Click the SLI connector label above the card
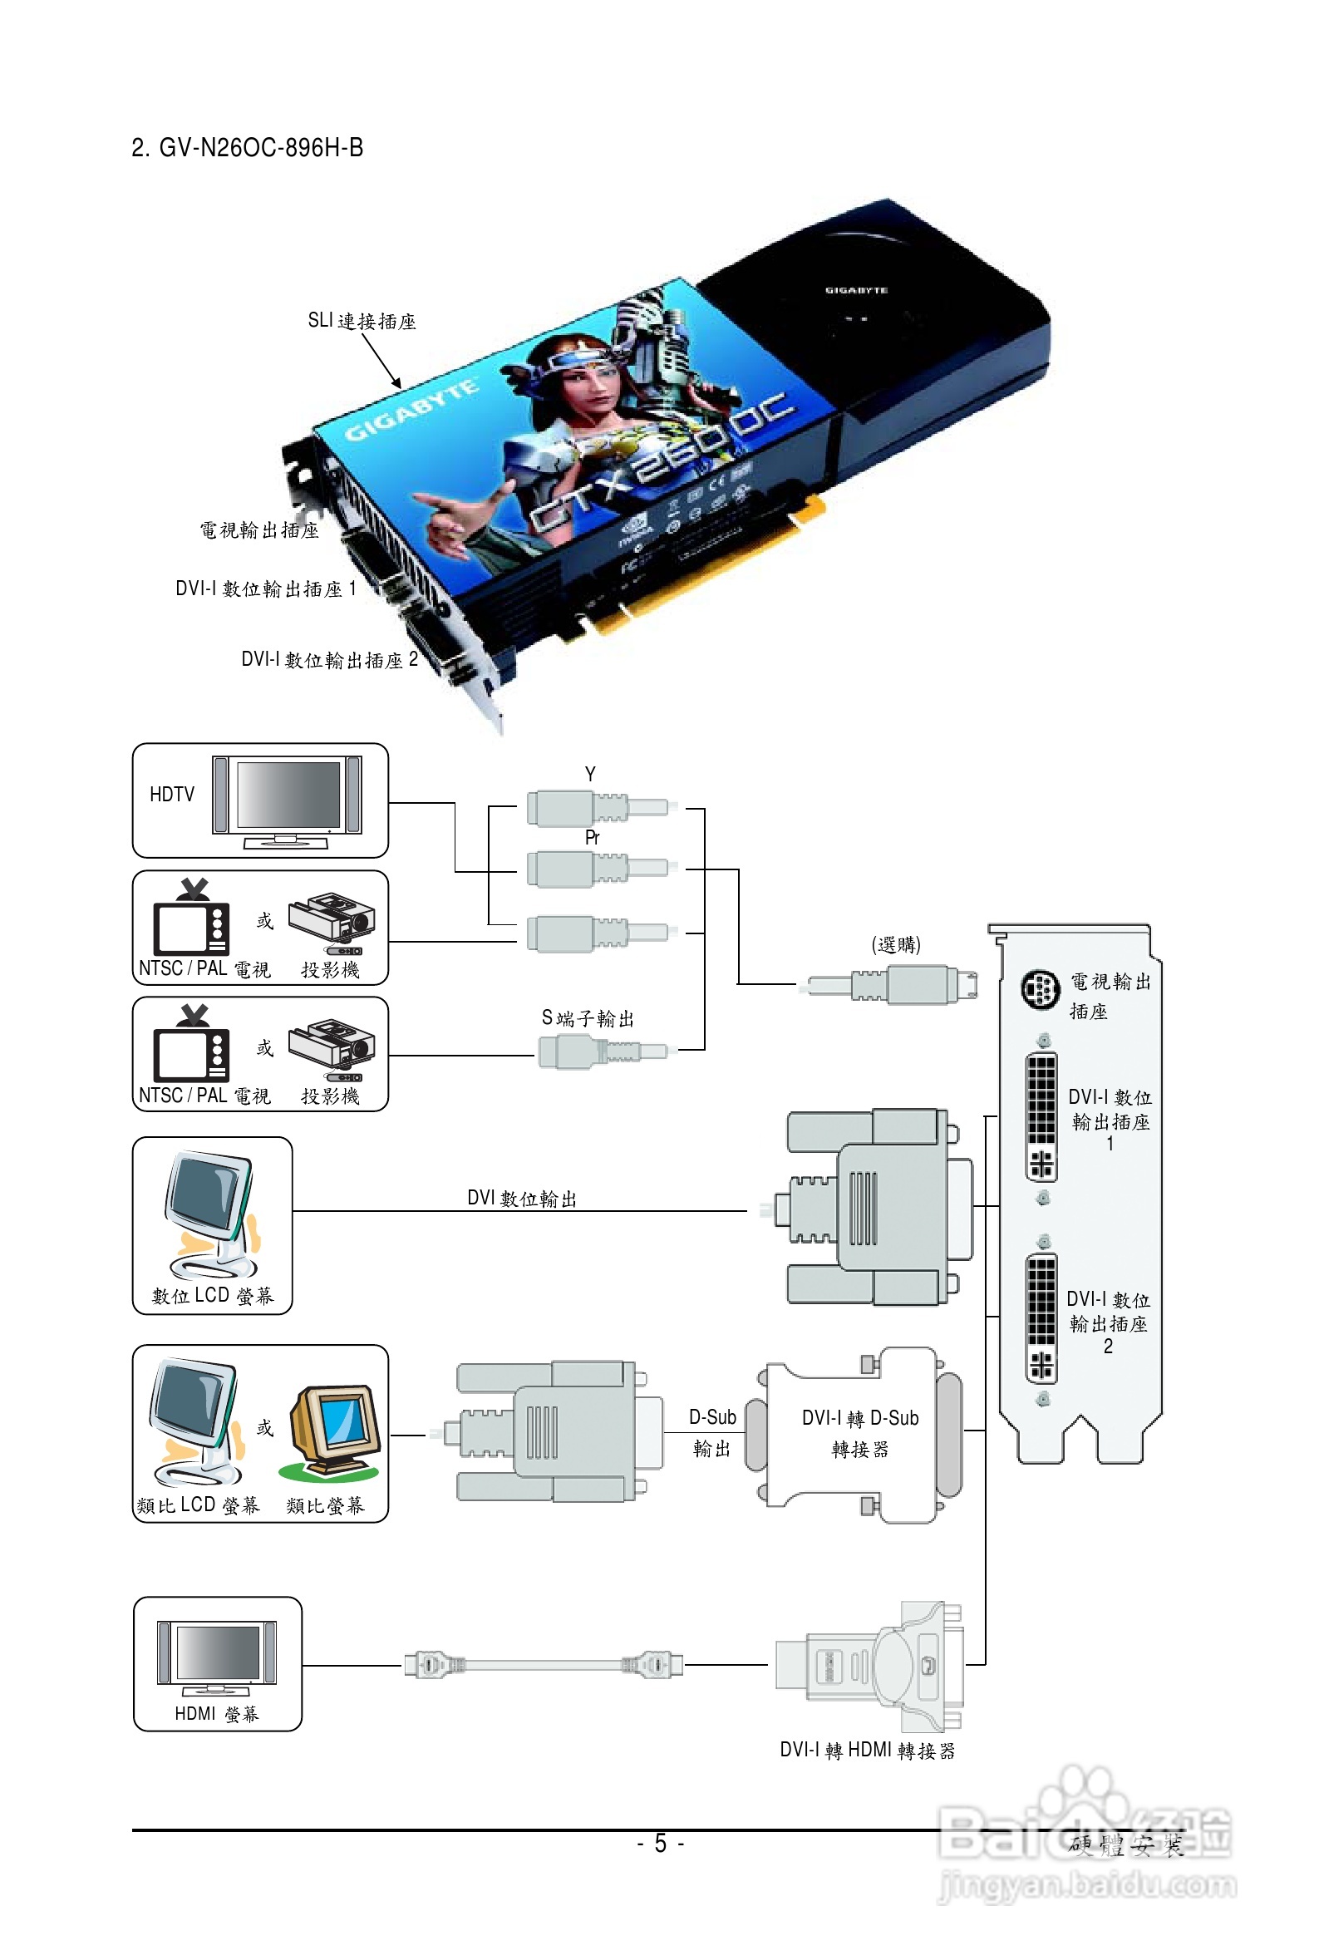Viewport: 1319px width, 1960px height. pyautogui.click(x=362, y=321)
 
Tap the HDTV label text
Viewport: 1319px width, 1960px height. pyautogui.click(x=171, y=794)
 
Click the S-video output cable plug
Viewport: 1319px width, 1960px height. pyautogui.click(x=602, y=1051)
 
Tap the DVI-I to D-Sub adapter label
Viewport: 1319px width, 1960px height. pyautogui.click(x=859, y=1433)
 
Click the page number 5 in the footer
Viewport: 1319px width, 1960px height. pyautogui.click(x=661, y=1843)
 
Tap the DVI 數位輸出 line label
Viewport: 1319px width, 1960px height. pyautogui.click(x=522, y=1198)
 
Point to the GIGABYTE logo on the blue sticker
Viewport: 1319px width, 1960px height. pyautogui.click(x=412, y=411)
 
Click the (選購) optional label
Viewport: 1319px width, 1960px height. pyautogui.click(x=895, y=943)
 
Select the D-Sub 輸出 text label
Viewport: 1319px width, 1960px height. pyautogui.click(x=712, y=1431)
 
